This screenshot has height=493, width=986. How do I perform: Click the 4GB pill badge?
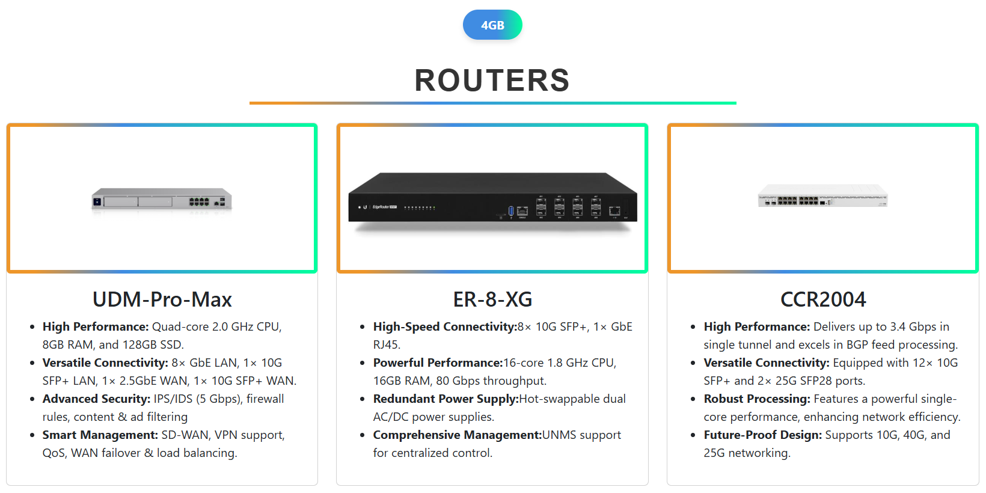[x=492, y=25]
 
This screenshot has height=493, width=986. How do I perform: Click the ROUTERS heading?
[x=492, y=81]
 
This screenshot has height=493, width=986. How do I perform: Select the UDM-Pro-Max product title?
[x=162, y=299]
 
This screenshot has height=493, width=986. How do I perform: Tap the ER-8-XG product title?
[x=492, y=299]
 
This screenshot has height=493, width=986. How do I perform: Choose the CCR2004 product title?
[x=823, y=299]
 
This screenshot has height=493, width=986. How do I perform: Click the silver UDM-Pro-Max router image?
[x=162, y=200]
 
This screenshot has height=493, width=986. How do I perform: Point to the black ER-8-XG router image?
[x=492, y=201]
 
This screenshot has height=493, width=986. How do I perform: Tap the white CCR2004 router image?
[x=823, y=197]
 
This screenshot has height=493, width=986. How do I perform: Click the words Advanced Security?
[x=96, y=399]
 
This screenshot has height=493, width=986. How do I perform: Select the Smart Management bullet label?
[x=100, y=435]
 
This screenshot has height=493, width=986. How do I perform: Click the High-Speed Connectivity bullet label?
[x=445, y=327]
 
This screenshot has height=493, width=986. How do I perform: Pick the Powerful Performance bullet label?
[x=438, y=363]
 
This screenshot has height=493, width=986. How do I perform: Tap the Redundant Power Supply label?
[x=446, y=399]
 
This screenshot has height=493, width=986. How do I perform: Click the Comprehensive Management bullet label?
[x=457, y=435]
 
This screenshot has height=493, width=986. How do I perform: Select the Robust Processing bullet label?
[x=757, y=399]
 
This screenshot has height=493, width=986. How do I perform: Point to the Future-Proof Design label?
[x=762, y=435]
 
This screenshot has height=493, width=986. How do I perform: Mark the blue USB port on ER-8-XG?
[x=511, y=210]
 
